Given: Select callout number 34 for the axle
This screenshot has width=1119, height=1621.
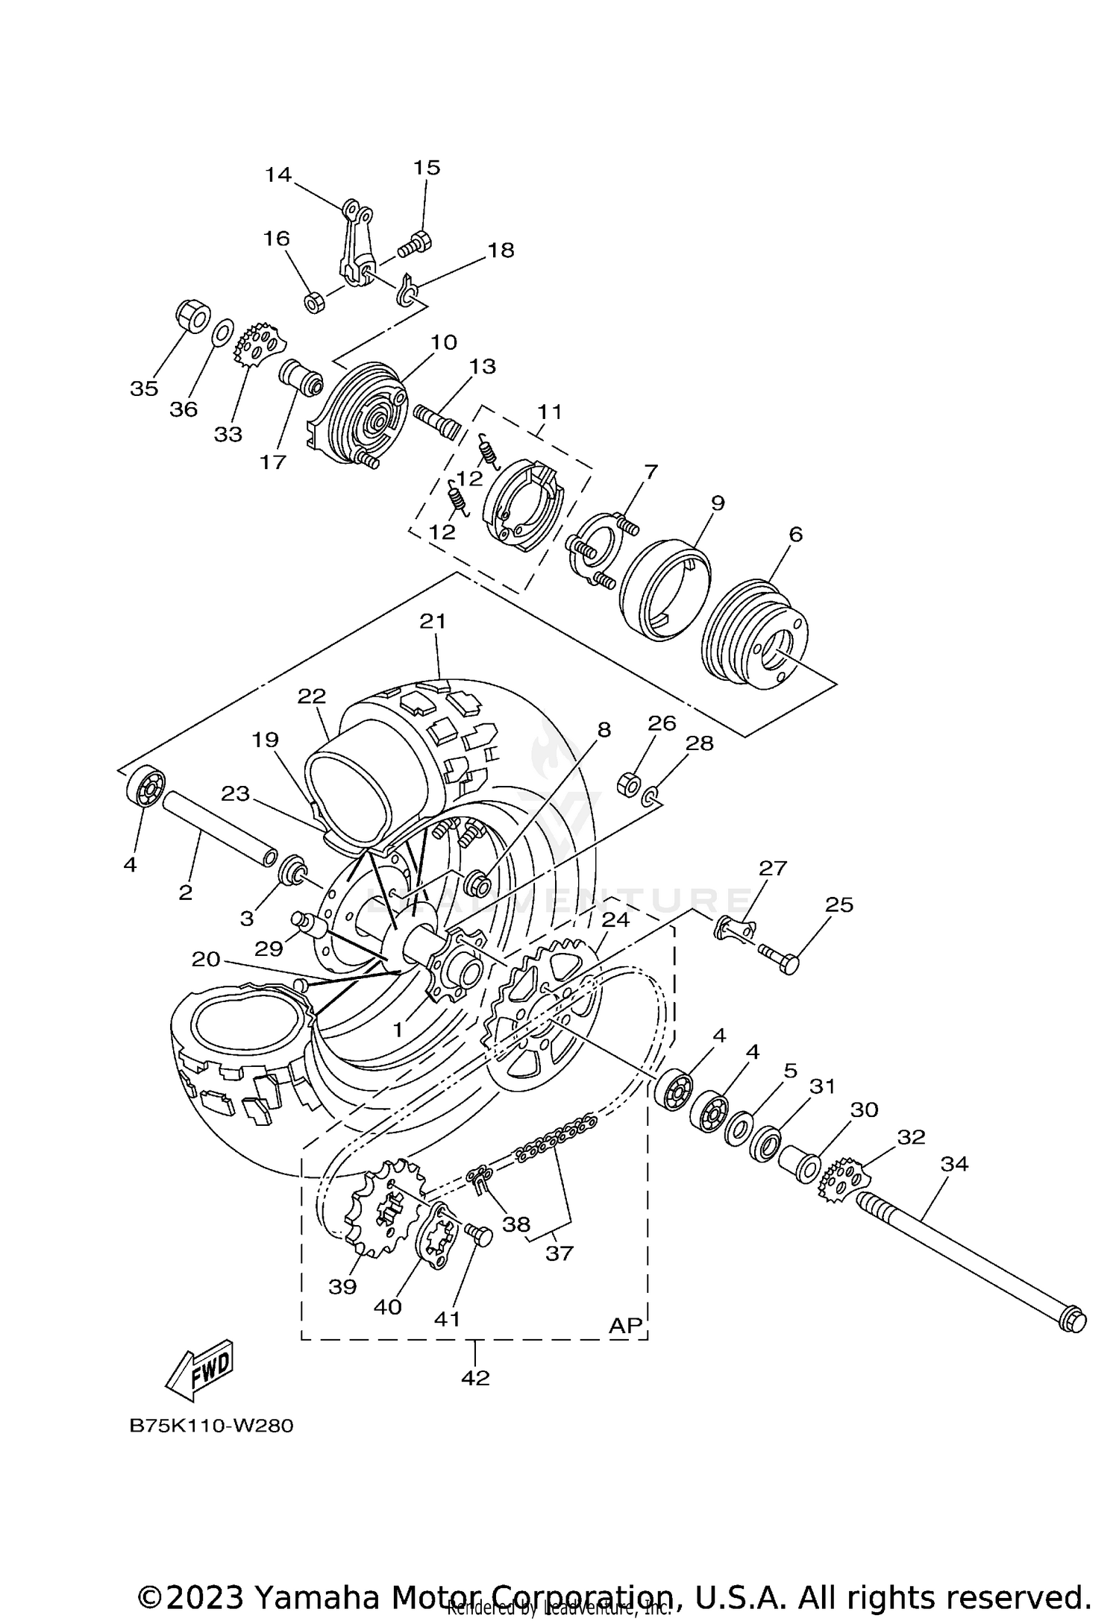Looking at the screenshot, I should (954, 1163).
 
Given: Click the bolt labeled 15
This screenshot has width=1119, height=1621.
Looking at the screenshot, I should (415, 242).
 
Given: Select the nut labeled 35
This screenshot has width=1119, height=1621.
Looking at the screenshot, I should (192, 316).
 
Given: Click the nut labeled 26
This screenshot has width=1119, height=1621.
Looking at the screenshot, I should (628, 783).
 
